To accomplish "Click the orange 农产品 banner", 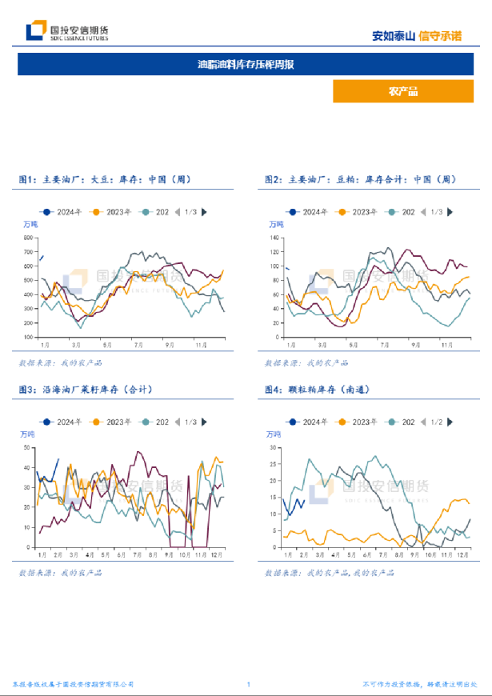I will pyautogui.click(x=402, y=91).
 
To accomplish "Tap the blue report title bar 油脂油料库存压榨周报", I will pyautogui.click(x=246, y=64).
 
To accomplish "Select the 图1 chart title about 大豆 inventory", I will pyautogui.click(x=105, y=180).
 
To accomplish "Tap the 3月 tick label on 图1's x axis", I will pyautogui.click(x=76, y=344).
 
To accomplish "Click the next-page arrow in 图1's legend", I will pyautogui.click(x=204, y=211).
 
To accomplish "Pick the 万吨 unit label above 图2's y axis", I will pyautogui.click(x=276, y=223).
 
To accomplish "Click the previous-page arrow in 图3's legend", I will pyautogui.click(x=178, y=421).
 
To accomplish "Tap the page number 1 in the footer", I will pyautogui.click(x=249, y=684).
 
